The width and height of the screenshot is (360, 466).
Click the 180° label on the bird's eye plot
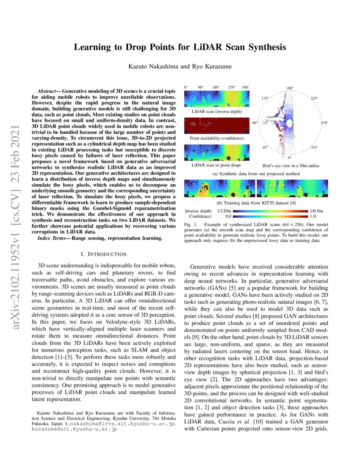(290, 89)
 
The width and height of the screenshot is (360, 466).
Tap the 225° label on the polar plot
(314, 98)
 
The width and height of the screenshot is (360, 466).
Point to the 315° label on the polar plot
(314, 148)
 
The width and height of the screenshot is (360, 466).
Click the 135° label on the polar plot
(265, 98)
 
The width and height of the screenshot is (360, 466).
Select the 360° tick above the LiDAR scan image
(245, 87)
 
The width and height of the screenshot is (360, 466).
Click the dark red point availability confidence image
(217, 126)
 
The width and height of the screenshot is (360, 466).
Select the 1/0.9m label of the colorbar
(317, 211)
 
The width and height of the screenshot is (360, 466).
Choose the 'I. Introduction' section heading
(104, 254)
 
